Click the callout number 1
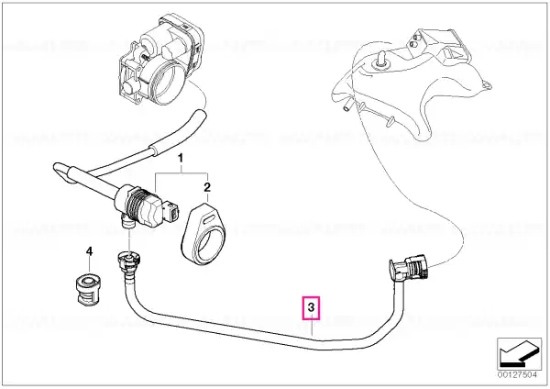[181, 159]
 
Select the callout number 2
[207, 187]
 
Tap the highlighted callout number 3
[312, 308]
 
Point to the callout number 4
[90, 251]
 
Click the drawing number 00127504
[517, 375]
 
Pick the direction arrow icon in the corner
[519, 353]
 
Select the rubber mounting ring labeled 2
[203, 233]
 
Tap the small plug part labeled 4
[87, 289]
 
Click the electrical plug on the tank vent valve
[173, 212]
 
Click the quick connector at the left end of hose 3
[127, 262]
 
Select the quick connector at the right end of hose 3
[408, 268]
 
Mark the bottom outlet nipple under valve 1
[127, 222]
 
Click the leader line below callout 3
[312, 328]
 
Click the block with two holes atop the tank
[420, 39]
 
